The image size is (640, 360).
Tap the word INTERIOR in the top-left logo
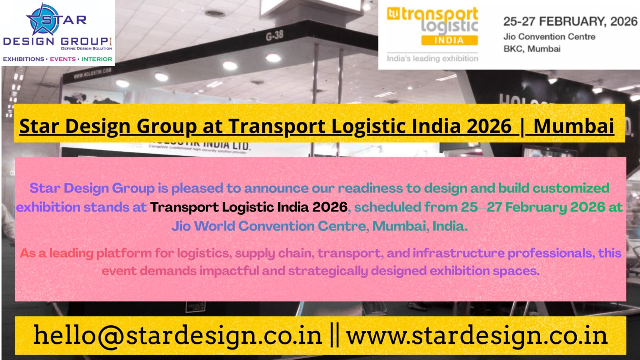coord(97,60)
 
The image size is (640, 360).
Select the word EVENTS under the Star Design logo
coord(63,60)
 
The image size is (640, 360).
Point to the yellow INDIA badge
coord(449,40)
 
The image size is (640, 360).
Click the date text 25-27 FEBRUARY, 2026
coord(570,21)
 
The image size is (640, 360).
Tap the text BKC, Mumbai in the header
coord(531,49)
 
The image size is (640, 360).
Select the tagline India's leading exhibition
coord(432,59)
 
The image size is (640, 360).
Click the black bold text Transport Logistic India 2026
coord(249,208)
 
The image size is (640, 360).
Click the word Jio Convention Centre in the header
coord(549,37)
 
